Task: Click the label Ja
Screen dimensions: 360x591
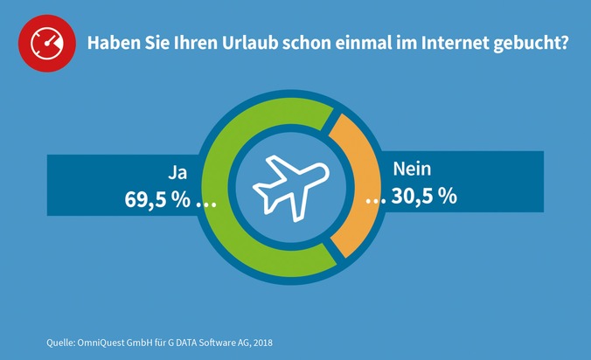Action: (178, 170)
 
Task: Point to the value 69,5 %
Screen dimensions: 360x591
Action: (157, 198)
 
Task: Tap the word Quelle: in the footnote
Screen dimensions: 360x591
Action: (63, 341)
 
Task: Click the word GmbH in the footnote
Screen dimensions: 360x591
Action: (147, 341)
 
